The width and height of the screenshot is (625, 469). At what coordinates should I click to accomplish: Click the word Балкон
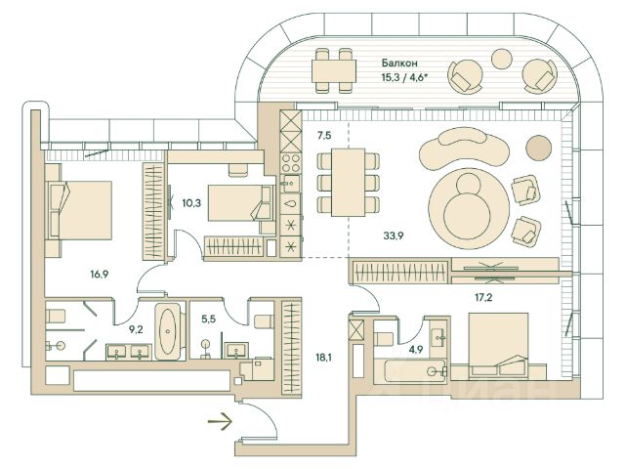tap(400, 61)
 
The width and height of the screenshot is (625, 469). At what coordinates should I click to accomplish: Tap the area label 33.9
tap(395, 235)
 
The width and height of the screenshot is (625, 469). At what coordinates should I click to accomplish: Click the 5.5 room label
tap(206, 319)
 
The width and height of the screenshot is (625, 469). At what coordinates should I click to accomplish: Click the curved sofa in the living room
tap(463, 150)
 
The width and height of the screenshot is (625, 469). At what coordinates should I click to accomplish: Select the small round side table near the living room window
tap(538, 148)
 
